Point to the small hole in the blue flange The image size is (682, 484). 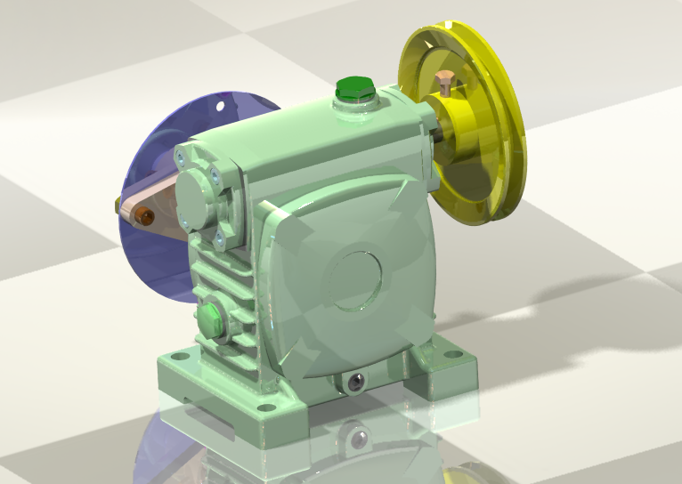click(x=222, y=106)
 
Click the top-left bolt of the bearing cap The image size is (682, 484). click(x=182, y=160)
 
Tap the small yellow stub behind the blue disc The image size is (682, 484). click(x=118, y=206)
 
